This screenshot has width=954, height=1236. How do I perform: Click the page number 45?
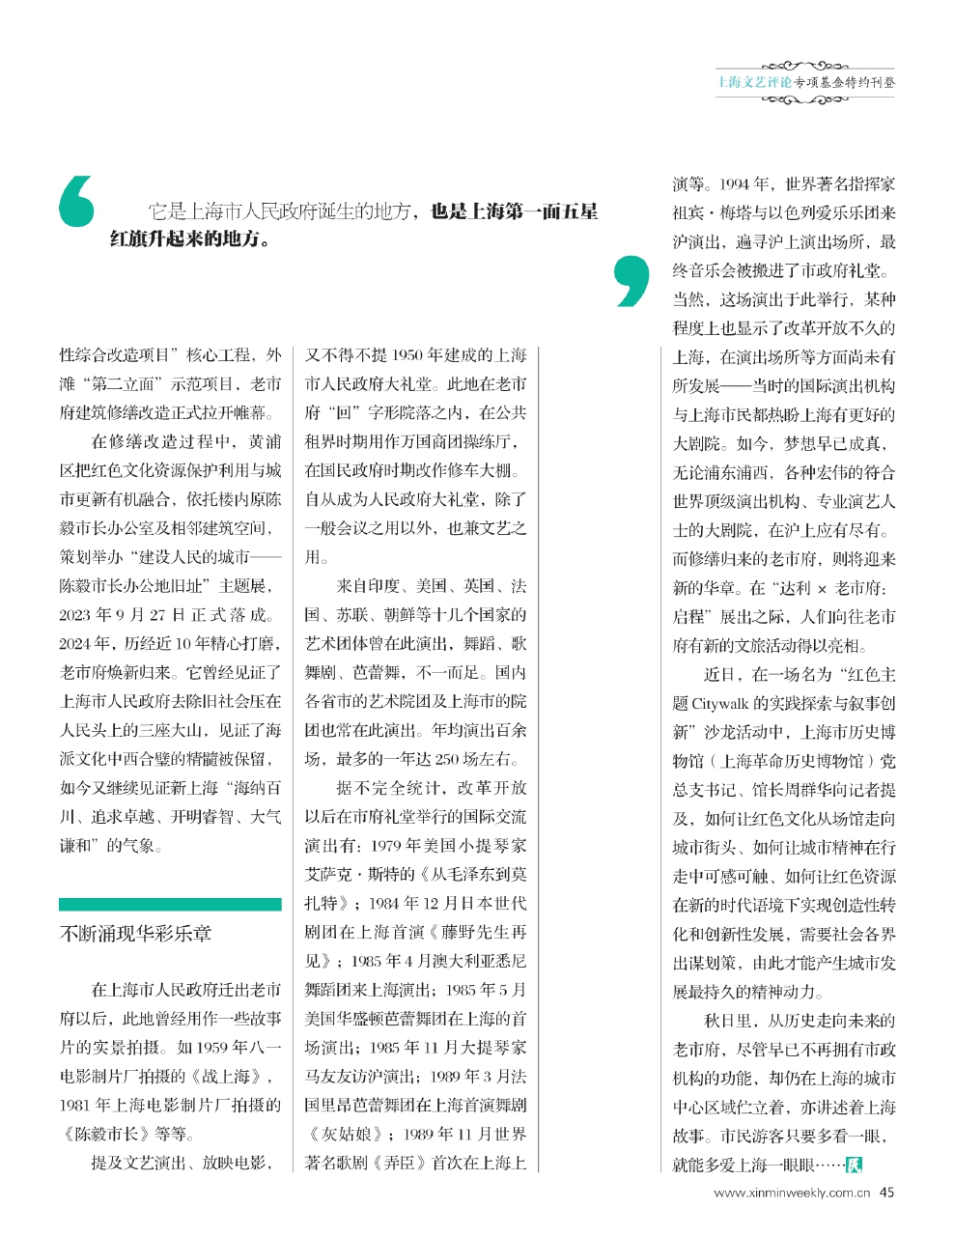pyautogui.click(x=886, y=1193)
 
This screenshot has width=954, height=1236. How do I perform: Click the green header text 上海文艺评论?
pyautogui.click(x=754, y=82)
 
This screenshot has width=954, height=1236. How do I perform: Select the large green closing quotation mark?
pyautogui.click(x=631, y=281)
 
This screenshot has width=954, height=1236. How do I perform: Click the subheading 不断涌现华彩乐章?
pyautogui.click(x=135, y=934)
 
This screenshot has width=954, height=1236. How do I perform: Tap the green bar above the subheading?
pyautogui.click(x=170, y=905)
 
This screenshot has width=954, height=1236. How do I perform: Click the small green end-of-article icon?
pyautogui.click(x=854, y=1165)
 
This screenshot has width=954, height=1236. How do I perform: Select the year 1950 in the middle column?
pyautogui.click(x=410, y=356)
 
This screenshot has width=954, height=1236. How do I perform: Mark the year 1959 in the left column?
pyautogui.click(x=217, y=1048)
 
